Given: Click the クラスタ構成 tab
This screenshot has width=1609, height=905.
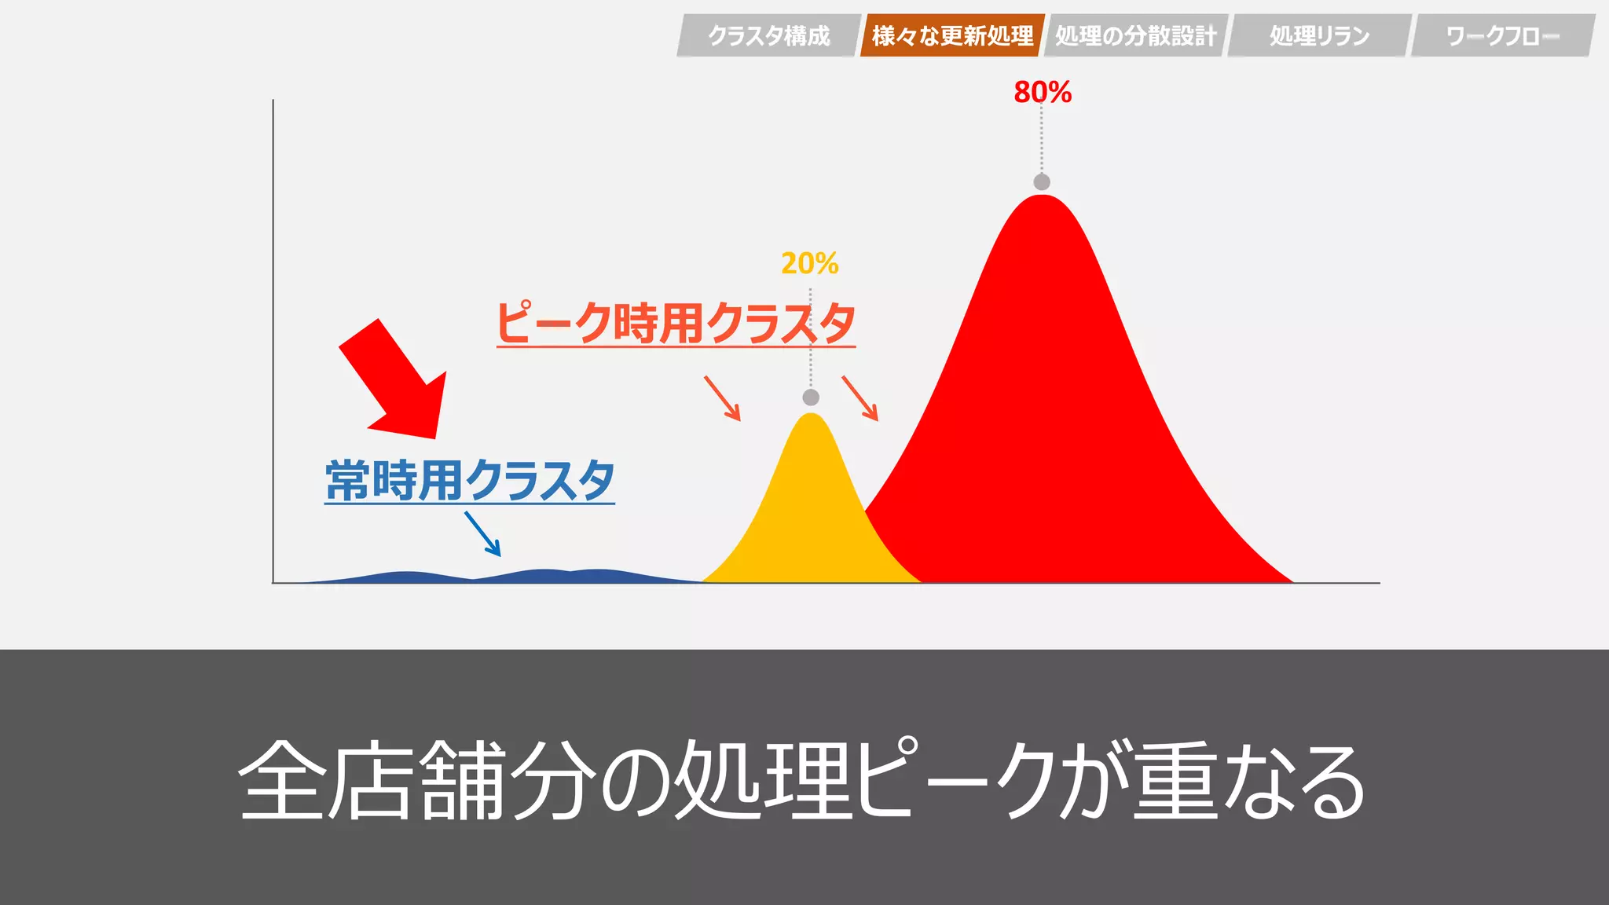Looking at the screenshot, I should point(768,35).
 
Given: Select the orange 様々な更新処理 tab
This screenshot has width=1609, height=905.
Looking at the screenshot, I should point(952,35).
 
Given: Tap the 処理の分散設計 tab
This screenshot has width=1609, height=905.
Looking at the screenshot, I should point(1135,35).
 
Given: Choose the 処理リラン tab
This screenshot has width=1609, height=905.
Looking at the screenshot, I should point(1319,35).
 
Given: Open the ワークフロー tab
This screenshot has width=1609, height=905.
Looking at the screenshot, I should point(1502,35).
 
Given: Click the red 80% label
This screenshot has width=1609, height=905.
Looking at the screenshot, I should point(1043,92).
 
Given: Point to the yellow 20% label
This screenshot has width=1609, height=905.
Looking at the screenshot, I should point(810,263).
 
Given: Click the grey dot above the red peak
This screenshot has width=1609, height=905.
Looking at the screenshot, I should point(1042,182).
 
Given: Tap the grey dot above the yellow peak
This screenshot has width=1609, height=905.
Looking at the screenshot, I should point(811,398).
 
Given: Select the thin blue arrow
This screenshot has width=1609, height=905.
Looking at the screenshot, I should point(482,533).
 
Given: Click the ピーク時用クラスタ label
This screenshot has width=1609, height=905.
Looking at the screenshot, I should point(676,323).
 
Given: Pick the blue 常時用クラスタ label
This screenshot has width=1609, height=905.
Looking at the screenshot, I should point(470,480).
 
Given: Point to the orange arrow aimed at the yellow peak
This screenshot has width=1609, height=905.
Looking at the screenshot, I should point(722,398).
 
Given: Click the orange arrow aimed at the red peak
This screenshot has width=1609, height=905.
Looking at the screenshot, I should point(859,398).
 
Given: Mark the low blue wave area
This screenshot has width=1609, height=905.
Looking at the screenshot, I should point(542,576).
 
